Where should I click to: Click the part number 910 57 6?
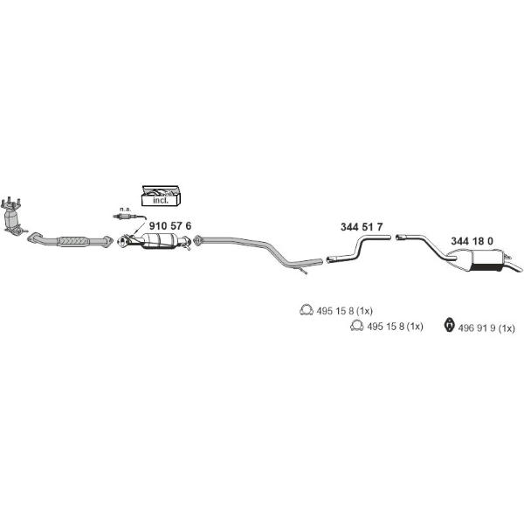pos(170,226)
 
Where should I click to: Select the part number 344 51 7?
pos(362,227)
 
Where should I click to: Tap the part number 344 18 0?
pos(472,241)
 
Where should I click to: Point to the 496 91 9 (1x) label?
pos(486,328)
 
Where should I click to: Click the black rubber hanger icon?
pos(450,325)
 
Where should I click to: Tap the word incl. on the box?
pos(161,201)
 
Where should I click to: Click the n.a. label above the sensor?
pos(125,210)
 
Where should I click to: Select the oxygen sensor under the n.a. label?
pos(129,217)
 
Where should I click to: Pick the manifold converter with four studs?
pos(12,217)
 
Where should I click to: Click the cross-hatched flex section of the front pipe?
pos(73,241)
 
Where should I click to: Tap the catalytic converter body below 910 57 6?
pos(160,241)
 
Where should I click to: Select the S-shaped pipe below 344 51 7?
pos(358,248)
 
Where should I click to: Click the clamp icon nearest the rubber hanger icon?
pos(357,326)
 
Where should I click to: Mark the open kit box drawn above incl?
pos(161,191)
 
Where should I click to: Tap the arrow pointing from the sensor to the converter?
pos(140,227)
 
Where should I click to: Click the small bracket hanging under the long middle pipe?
pos(302,271)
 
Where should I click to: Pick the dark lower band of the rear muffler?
pos(487,268)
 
